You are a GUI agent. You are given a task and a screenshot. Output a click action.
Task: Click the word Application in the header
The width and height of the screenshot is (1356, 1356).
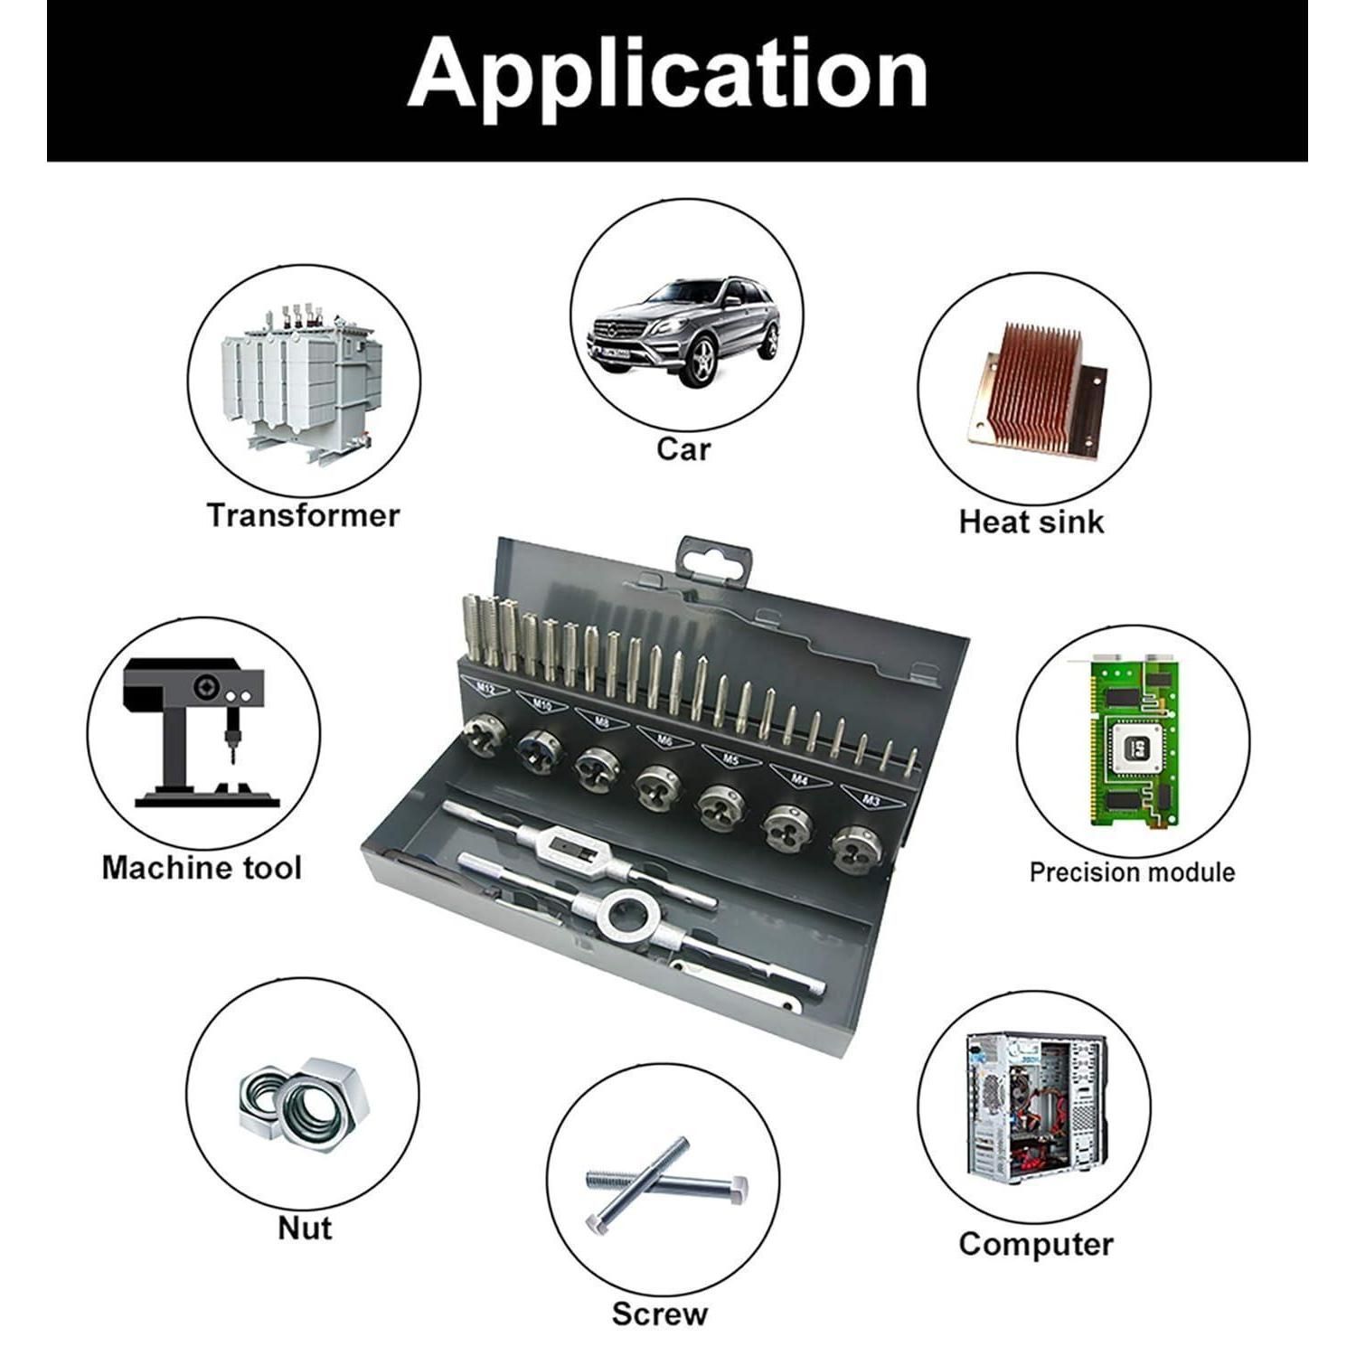click(667, 74)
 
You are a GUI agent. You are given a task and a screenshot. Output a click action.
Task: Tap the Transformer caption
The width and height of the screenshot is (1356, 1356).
click(303, 515)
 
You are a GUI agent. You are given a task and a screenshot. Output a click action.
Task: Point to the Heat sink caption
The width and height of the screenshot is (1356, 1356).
click(1031, 522)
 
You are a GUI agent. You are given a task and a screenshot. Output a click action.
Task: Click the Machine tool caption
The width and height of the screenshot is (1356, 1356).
click(201, 868)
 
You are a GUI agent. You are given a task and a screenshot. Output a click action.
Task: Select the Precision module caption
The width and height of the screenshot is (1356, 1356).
click(1132, 872)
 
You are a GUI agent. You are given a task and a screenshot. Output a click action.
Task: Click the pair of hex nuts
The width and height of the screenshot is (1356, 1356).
click(304, 1106)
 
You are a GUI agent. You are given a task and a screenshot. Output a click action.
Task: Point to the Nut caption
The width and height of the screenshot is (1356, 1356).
click(305, 1228)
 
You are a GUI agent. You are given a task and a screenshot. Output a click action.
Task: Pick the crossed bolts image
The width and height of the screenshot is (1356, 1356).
click(664, 1183)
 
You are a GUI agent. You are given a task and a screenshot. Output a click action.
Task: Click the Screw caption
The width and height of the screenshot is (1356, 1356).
click(659, 1313)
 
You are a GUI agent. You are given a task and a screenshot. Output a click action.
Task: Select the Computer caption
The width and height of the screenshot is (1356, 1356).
click(1036, 1244)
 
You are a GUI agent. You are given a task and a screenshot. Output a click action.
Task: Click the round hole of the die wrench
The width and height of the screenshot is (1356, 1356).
click(626, 918)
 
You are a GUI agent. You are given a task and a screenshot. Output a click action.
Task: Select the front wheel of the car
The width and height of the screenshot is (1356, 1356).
click(701, 360)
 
